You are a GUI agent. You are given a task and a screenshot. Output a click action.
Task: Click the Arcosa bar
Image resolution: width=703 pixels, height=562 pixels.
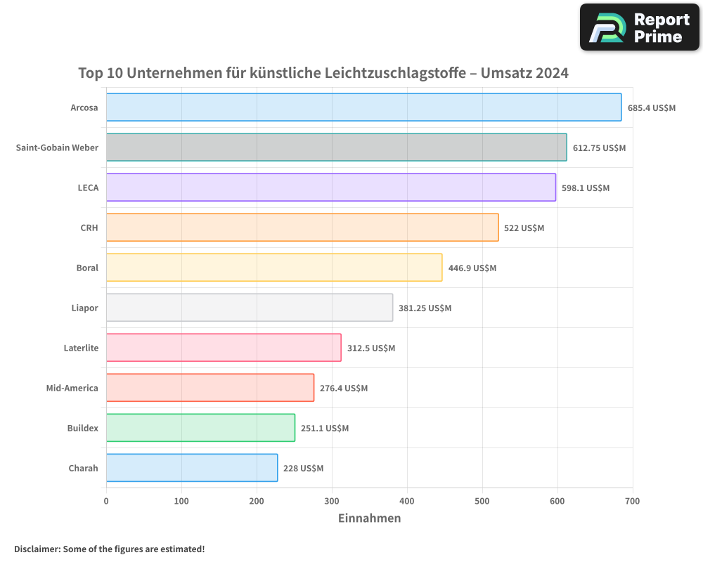pyautogui.click(x=363, y=107)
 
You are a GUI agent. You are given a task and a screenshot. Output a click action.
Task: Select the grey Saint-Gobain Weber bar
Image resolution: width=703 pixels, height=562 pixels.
pyautogui.click(x=336, y=148)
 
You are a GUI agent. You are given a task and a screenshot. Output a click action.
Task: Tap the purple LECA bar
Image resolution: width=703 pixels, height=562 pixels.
pyautogui.click(x=330, y=188)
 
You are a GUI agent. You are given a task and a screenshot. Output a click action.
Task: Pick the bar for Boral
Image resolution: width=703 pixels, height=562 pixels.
pyautogui.click(x=274, y=268)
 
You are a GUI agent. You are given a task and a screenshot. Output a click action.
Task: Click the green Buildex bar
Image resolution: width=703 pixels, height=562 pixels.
pyautogui.click(x=200, y=428)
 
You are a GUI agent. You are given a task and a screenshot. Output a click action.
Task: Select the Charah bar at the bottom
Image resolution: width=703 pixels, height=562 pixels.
pyautogui.click(x=192, y=468)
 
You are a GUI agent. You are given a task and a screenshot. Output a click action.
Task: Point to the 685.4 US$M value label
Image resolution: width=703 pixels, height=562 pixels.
pyautogui.click(x=651, y=108)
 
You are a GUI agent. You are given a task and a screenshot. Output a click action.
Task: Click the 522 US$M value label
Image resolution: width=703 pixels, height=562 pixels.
pyautogui.click(x=524, y=228)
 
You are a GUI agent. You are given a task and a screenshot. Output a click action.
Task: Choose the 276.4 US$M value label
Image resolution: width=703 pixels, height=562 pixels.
pyautogui.click(x=344, y=388)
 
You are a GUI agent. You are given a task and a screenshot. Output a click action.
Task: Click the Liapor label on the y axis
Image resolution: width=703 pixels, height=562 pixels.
pyautogui.click(x=84, y=308)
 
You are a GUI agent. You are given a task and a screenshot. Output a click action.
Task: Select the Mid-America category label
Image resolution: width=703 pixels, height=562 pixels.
pyautogui.click(x=72, y=388)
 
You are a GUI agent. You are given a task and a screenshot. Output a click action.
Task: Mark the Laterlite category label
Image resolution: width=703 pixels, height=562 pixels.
pyautogui.click(x=81, y=348)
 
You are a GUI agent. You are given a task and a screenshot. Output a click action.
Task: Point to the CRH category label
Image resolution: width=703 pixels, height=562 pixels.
pyautogui.click(x=89, y=228)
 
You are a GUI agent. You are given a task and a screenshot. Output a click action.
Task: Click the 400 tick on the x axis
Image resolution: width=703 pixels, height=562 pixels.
pyautogui.click(x=407, y=501)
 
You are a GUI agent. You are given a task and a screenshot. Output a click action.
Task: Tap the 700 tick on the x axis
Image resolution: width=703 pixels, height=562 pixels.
pyautogui.click(x=632, y=501)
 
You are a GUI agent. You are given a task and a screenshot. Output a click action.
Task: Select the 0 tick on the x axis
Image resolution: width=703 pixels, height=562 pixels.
pyautogui.click(x=106, y=501)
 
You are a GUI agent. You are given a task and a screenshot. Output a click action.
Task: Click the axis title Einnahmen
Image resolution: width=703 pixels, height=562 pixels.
pyautogui.click(x=369, y=518)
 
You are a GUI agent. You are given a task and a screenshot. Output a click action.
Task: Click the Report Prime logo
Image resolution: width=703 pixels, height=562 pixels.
pyautogui.click(x=640, y=27)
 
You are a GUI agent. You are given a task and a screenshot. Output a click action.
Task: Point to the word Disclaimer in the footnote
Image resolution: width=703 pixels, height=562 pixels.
pyautogui.click(x=37, y=549)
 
